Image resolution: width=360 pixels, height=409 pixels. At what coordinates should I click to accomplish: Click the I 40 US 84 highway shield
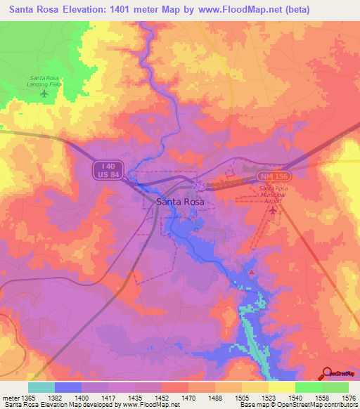click(105, 169)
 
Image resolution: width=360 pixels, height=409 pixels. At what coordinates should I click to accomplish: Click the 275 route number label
click(199, 186)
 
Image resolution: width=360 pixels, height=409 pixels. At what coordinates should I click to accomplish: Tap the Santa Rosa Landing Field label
click(45, 81)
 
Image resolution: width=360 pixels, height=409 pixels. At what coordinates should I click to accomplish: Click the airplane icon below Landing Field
click(45, 93)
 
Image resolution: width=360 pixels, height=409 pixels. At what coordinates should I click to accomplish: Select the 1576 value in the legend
click(349, 398)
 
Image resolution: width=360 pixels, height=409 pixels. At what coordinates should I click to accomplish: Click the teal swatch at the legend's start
click(41, 387)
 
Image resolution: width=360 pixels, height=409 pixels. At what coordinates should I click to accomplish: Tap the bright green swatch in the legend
click(308, 387)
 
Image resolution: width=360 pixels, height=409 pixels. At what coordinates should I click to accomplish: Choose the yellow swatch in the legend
click(281, 387)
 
